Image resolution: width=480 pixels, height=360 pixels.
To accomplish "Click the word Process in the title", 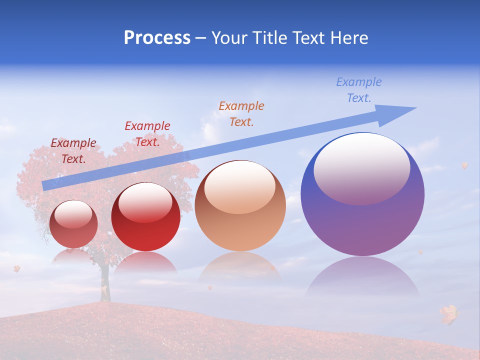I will pyautogui.click(x=157, y=38).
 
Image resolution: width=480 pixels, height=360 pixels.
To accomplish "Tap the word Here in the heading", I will pyautogui.click(x=350, y=38).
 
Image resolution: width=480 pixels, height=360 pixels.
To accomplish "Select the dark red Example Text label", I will pyautogui.click(x=73, y=151).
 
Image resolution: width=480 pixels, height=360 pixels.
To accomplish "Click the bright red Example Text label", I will pyautogui.click(x=147, y=134).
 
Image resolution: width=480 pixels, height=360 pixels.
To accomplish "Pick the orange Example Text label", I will pyautogui.click(x=241, y=113).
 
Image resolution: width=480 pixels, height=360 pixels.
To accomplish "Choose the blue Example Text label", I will pyautogui.click(x=359, y=90).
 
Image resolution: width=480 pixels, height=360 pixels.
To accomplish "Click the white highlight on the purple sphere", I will pyautogui.click(x=362, y=167).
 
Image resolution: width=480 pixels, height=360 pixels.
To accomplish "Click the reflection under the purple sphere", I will pyautogui.click(x=363, y=277).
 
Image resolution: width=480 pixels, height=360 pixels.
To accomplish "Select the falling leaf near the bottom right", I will pyautogui.click(x=449, y=314).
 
